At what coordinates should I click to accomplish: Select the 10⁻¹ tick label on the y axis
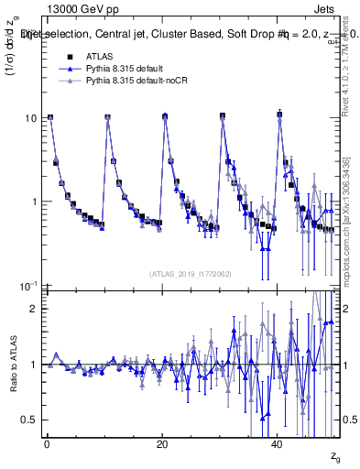[x=29, y=286]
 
